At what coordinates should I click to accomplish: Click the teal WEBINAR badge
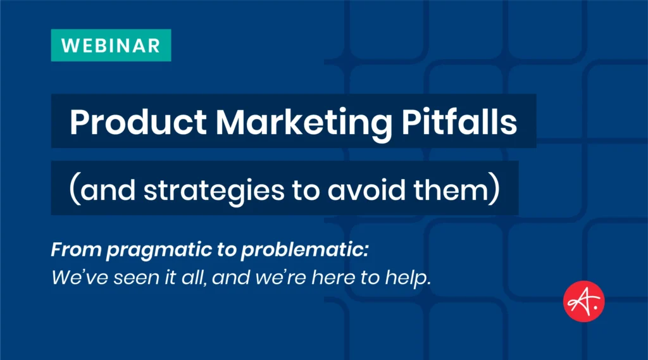tap(111, 46)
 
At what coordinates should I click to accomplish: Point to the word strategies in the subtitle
tap(211, 189)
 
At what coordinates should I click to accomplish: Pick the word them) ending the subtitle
tap(452, 189)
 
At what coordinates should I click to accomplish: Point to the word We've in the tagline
tap(72, 277)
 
